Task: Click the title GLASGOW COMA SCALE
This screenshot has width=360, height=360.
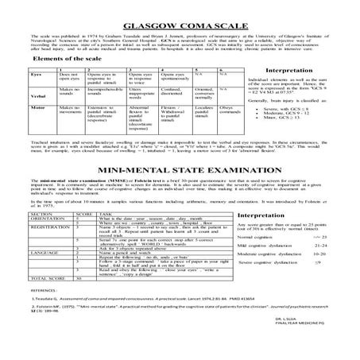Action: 180,12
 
